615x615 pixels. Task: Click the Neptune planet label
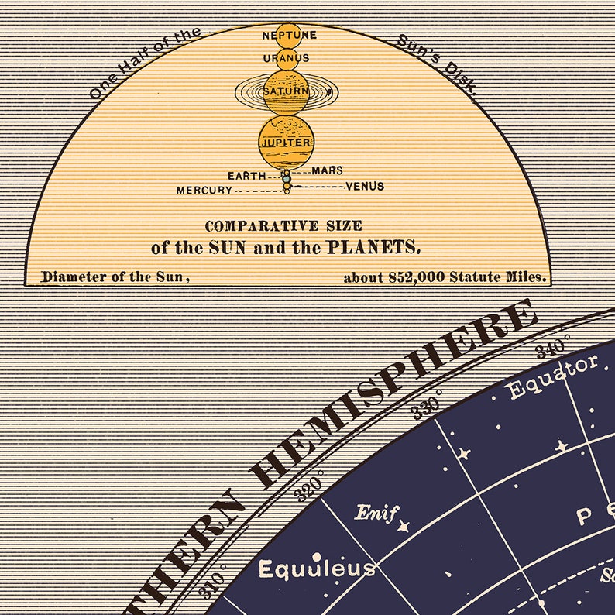coord(288,36)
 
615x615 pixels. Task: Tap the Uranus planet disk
coord(287,58)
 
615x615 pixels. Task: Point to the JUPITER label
coord(287,143)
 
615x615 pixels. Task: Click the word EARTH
coord(247,176)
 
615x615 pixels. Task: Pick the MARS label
coord(327,170)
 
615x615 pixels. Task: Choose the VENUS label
coord(365,187)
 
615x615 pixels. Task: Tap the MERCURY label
coord(204,191)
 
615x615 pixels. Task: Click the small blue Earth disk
coord(287,178)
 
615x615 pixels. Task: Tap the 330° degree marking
coord(427,404)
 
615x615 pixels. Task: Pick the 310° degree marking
coord(212,581)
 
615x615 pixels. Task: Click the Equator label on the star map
coord(553,376)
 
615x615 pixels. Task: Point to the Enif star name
coord(376,512)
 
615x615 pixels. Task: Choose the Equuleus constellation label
coord(316,570)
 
